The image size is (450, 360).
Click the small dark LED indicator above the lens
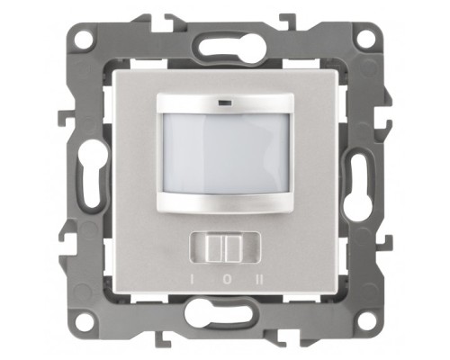click(x=225, y=103)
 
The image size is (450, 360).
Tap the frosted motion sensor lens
click(x=225, y=154)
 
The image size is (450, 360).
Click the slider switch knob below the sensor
click(x=225, y=248)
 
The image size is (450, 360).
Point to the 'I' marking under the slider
click(x=191, y=280)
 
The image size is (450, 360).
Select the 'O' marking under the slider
click(x=228, y=280)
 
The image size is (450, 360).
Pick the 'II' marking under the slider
click(x=260, y=280)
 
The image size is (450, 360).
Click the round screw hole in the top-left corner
click(x=84, y=39)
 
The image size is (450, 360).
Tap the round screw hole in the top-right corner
click(x=366, y=39)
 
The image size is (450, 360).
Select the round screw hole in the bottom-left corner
click(x=84, y=321)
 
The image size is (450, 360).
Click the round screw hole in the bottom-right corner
click(x=366, y=321)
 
